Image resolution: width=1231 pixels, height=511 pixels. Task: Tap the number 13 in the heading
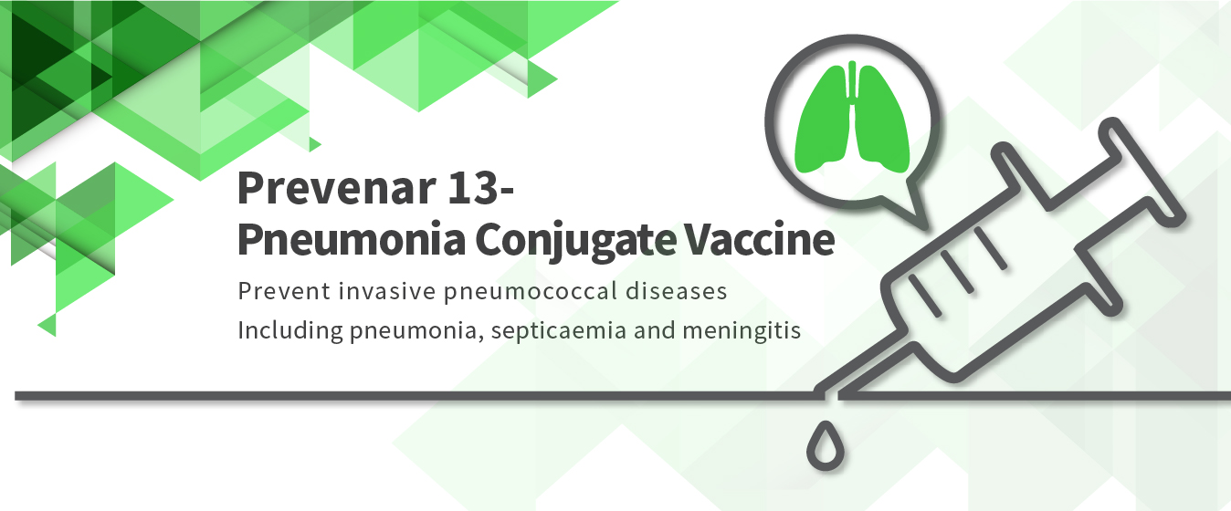473,188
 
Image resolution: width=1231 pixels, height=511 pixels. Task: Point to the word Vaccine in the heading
759,239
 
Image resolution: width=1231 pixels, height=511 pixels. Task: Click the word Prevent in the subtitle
284,291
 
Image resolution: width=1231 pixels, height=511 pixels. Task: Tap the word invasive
387,291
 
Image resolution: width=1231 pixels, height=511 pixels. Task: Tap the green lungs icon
851,118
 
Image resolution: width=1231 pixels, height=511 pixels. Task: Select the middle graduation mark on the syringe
957,271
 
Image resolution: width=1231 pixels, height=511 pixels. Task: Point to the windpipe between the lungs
852,88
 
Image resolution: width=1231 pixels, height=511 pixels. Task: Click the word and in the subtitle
654,330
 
